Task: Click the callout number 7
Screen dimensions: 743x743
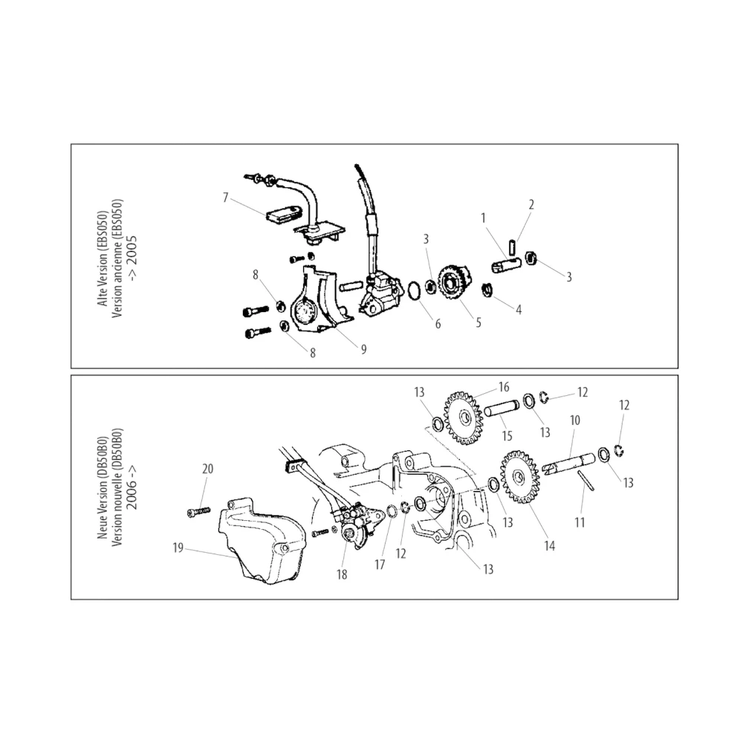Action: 226,197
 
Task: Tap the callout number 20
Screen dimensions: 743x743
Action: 207,469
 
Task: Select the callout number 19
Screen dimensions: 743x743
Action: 178,548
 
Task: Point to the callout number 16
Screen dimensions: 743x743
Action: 504,387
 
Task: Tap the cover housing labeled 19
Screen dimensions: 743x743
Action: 259,539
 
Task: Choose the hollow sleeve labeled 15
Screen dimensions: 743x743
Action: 502,409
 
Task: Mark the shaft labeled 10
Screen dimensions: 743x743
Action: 568,463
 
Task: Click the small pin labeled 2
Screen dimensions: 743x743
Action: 512,247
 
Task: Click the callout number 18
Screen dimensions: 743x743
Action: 342,574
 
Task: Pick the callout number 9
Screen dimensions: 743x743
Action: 363,349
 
